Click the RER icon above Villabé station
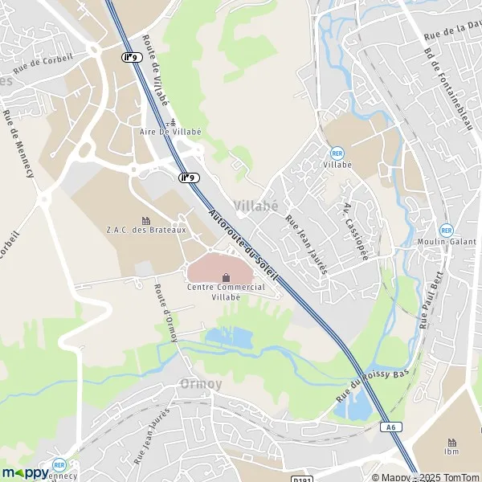(337, 153)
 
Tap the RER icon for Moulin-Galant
(447, 230)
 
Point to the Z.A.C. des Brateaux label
(145, 230)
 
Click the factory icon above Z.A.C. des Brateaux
(145, 219)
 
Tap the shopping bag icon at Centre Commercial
(224, 277)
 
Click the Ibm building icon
(451, 442)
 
